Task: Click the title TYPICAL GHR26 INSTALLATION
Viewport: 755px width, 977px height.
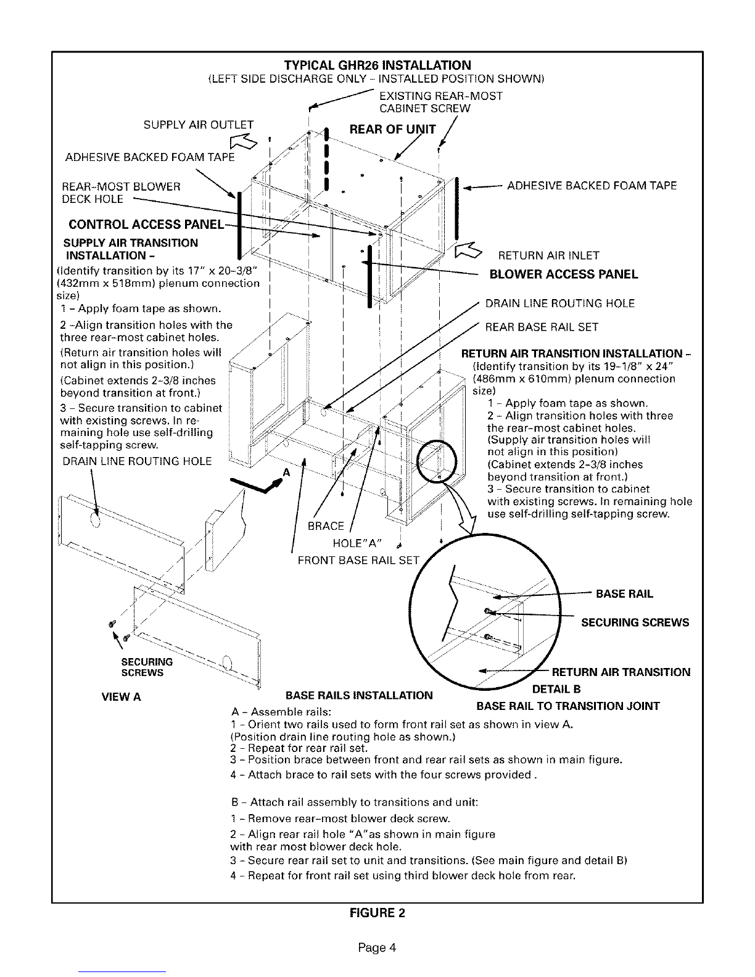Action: coord(377,65)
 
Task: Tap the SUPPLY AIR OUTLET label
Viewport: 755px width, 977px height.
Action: coord(198,125)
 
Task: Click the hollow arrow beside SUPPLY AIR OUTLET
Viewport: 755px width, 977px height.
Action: coord(243,141)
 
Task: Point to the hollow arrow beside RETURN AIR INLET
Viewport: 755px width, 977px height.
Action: coord(468,250)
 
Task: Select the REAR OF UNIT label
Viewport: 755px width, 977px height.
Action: coord(392,129)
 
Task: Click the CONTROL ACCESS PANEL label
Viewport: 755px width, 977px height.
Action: coord(146,225)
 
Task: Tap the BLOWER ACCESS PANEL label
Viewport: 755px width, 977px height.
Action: coord(563,274)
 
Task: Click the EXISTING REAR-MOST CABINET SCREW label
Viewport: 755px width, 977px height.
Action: coord(440,102)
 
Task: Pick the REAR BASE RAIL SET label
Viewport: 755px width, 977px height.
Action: coord(542,327)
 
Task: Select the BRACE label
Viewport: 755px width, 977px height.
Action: coord(326,526)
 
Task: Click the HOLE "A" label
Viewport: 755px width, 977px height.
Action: coord(357,543)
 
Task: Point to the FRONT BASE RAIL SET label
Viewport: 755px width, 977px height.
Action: coord(358,560)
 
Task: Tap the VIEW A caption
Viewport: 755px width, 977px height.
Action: coord(121,697)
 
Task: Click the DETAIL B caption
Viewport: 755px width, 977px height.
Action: coord(556,689)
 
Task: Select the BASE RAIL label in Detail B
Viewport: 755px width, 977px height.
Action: coord(624,594)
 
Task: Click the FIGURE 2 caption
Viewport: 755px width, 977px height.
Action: coord(377,913)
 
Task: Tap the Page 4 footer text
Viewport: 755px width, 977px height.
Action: coord(377,948)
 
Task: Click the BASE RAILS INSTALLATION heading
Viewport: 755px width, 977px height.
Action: coord(359,696)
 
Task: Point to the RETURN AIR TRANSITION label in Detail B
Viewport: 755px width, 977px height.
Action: coord(621,672)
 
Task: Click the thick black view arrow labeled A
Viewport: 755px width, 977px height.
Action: coord(257,485)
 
